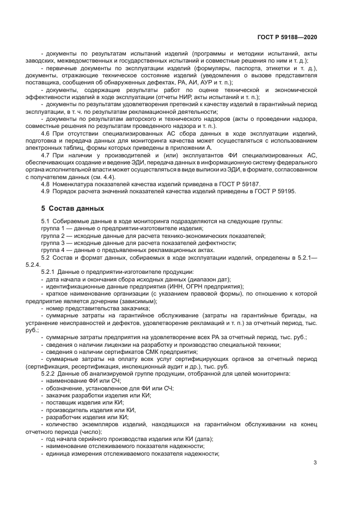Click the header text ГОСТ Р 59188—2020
point(288,37)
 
